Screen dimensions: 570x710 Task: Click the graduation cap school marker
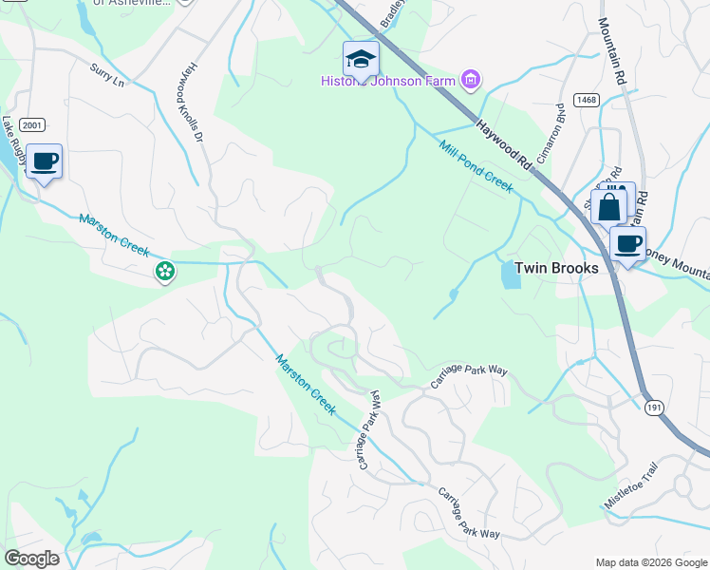point(361,60)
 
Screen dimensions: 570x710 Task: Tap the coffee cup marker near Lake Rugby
point(44,161)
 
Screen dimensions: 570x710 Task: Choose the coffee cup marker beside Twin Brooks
point(627,244)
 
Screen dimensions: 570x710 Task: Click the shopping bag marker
point(608,204)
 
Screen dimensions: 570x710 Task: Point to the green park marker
point(165,272)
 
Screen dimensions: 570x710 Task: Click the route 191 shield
point(656,406)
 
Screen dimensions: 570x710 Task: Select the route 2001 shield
point(31,123)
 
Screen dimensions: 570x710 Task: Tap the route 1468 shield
point(585,99)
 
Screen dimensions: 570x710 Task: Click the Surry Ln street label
point(107,76)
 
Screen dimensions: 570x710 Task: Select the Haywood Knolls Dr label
point(188,103)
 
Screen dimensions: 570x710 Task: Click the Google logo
point(31,558)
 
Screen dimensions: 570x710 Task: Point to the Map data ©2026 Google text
point(650,561)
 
